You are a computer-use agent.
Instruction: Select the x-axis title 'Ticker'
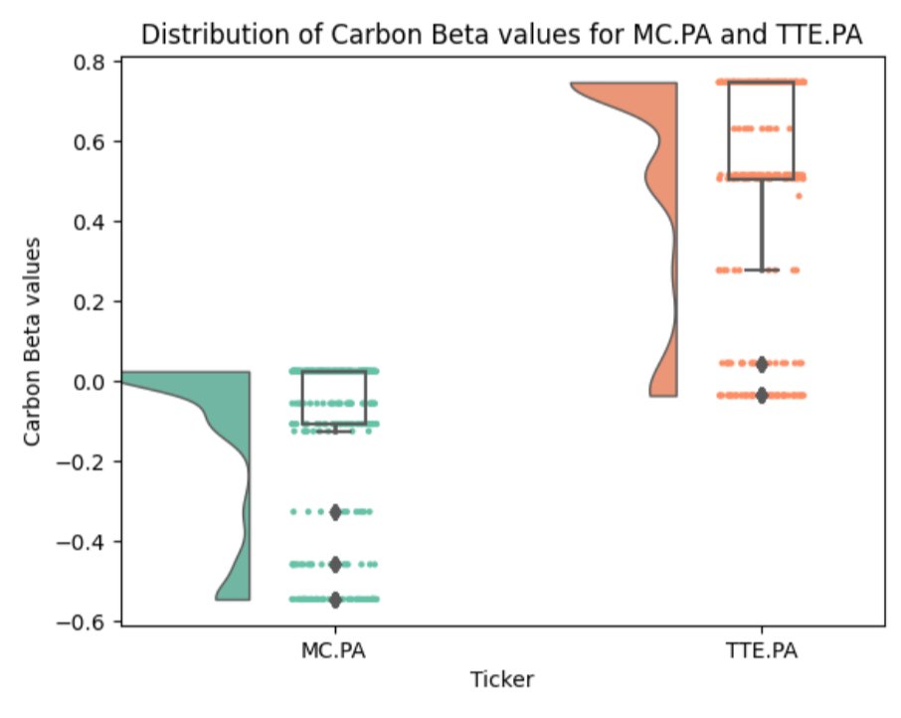(x=502, y=680)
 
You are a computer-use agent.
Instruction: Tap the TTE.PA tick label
(x=762, y=652)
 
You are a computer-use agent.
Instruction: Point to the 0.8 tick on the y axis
(x=93, y=62)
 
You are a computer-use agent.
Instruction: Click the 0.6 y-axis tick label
(x=93, y=141)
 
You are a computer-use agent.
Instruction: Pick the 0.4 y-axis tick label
(x=93, y=221)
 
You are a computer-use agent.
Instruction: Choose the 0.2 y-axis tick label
(x=93, y=301)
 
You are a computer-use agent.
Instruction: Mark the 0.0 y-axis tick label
(x=93, y=382)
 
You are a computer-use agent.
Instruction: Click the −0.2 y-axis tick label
(x=88, y=461)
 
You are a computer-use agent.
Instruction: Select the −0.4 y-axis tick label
(x=88, y=542)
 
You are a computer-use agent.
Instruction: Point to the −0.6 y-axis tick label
(x=88, y=622)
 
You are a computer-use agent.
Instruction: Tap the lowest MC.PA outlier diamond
(x=335, y=600)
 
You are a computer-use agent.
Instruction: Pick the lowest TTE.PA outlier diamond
(x=762, y=396)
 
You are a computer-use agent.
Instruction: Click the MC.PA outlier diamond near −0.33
(x=335, y=511)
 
